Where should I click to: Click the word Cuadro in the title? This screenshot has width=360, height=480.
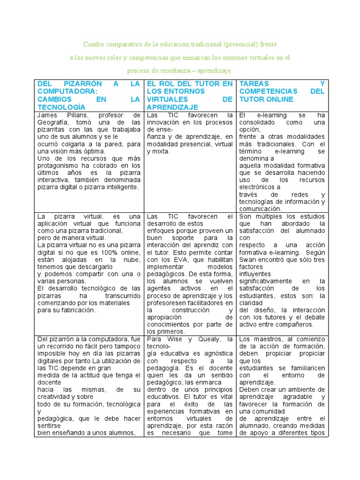coord(93,45)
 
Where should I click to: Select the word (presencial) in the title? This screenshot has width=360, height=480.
coord(241,45)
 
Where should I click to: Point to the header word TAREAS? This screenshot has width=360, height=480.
coord(254,84)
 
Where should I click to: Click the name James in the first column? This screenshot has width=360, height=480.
coord(47,115)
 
